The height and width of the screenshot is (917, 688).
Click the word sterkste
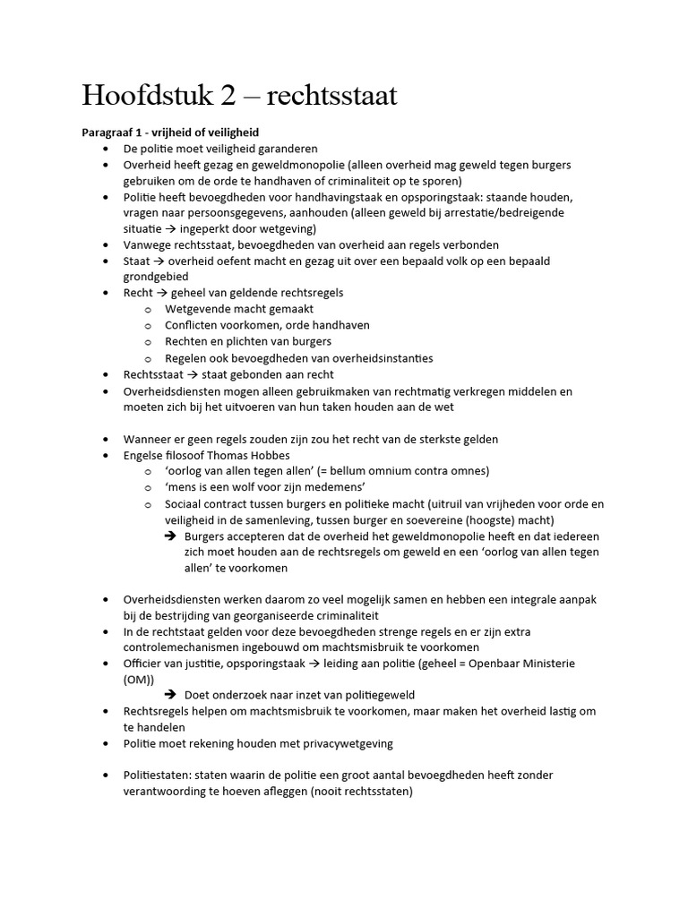pos(427,440)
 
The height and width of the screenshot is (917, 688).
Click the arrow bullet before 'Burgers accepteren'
pos(170,536)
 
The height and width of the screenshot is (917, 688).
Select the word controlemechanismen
pos(185,647)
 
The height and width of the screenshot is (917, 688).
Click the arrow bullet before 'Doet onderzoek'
pos(170,695)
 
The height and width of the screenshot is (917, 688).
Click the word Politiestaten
pos(158,776)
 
